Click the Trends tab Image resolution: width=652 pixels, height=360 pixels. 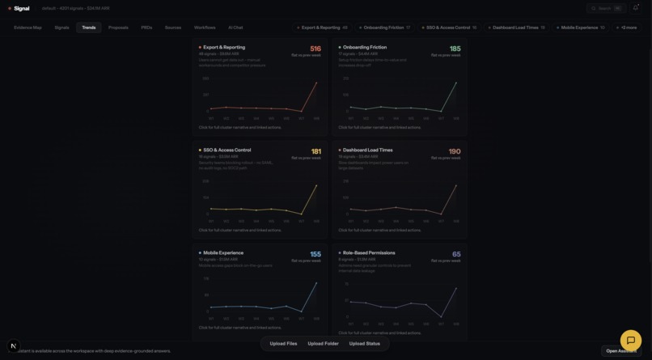click(89, 28)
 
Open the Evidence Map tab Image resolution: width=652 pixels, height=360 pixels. click(28, 28)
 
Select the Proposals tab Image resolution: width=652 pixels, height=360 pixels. click(118, 28)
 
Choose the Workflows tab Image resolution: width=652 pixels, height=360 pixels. click(205, 28)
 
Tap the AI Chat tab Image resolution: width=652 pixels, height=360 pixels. click(235, 28)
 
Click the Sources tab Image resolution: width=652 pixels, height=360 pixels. click(173, 28)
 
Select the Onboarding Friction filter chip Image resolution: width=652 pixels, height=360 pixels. click(384, 28)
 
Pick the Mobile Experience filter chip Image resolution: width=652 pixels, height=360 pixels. click(580, 28)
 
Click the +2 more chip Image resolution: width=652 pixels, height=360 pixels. click(627, 28)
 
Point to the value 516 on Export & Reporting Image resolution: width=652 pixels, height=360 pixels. click(315, 49)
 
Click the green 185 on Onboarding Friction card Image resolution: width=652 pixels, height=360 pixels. click(455, 49)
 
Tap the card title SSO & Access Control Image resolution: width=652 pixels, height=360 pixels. click(227, 150)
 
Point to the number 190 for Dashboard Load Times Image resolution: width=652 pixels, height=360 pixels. click(455, 151)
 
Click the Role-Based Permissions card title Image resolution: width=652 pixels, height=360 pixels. click(369, 252)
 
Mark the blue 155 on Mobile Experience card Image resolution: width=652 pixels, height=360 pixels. click(315, 254)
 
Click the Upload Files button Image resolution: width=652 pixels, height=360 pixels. click(283, 344)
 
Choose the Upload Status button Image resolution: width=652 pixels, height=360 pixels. click(365, 344)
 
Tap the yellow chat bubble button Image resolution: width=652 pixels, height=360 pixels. click(630, 341)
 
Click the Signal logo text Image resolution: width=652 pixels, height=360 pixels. click(22, 8)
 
